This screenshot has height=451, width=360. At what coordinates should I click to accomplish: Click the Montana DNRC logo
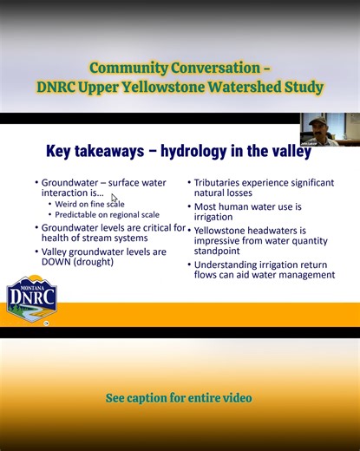click(32, 300)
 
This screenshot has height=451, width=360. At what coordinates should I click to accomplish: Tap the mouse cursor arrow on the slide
click(114, 199)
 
